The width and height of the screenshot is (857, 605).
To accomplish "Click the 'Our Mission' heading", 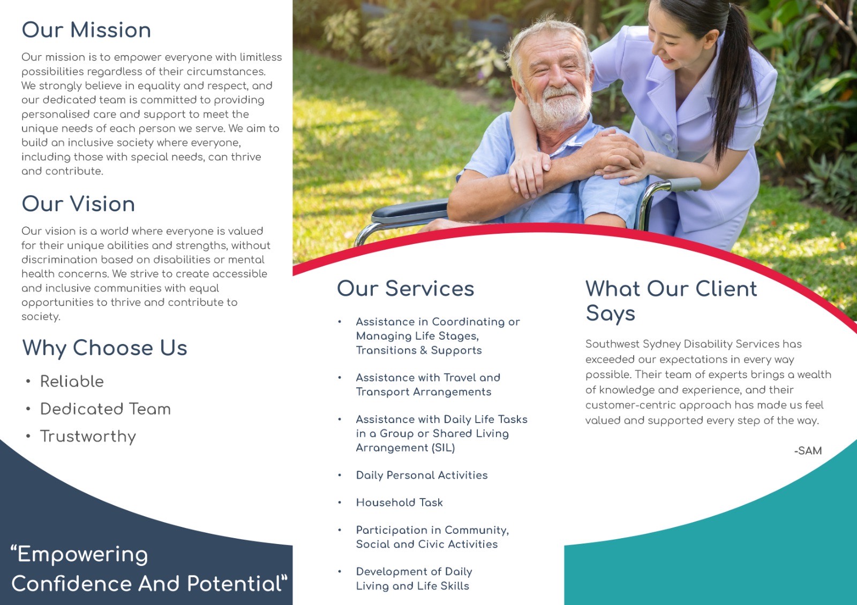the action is (x=86, y=30).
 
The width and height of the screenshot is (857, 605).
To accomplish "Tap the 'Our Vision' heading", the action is (x=78, y=204).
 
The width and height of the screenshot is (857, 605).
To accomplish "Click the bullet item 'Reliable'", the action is (x=72, y=381).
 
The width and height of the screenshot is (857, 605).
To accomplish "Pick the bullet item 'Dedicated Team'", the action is (x=106, y=409).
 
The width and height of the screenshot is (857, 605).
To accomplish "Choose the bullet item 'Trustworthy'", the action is (x=88, y=437).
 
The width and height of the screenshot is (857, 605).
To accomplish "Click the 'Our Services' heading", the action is (x=405, y=288).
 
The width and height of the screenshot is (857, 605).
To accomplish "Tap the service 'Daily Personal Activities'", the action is (x=422, y=475).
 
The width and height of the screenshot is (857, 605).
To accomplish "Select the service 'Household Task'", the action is (x=400, y=502).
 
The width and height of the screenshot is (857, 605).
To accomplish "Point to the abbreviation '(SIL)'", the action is (x=443, y=448).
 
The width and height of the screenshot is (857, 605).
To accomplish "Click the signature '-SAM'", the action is (x=808, y=450).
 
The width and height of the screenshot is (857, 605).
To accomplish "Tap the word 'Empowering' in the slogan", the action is (x=82, y=555).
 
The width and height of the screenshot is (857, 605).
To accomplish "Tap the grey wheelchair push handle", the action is (x=685, y=185).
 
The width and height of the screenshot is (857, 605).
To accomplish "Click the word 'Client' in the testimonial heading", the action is (x=726, y=288).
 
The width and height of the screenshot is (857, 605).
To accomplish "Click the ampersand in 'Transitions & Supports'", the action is (x=423, y=350).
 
